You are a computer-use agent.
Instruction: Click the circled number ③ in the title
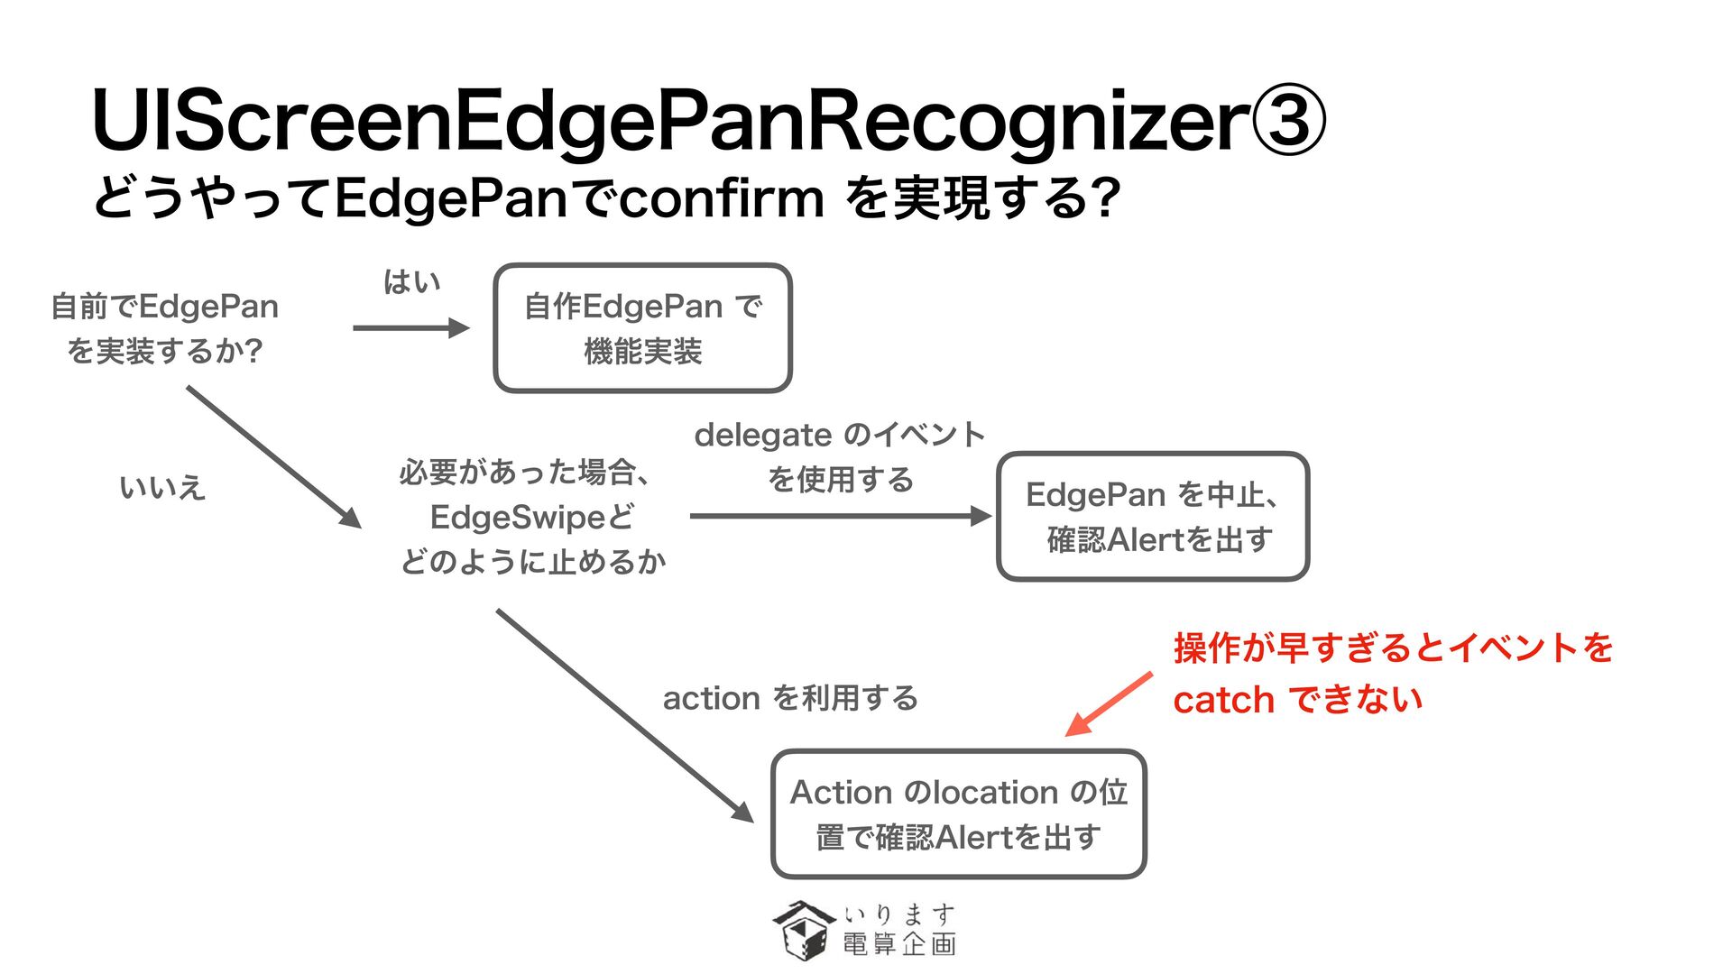pos(1287,121)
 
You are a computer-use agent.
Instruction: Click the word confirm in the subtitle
pos(721,198)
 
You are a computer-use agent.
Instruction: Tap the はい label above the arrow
pos(411,282)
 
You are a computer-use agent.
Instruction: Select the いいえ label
pos(162,488)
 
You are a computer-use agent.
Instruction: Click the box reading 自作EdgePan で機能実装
pos(642,328)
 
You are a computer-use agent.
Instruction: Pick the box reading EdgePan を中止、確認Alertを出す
pos(1153,517)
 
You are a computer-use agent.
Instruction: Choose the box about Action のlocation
pos(959,814)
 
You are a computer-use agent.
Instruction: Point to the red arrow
pos(1109,704)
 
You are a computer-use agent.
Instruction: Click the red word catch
pos(1223,700)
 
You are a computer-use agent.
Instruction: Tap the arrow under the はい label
pos(411,328)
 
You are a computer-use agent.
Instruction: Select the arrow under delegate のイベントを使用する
pos(840,516)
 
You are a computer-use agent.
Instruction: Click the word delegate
pos(762,436)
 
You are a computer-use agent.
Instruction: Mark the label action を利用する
pos(790,698)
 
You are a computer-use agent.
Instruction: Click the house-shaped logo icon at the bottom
pos(802,930)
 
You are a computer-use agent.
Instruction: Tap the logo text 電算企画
pos(899,944)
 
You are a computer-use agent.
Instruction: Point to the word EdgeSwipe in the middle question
pos(518,518)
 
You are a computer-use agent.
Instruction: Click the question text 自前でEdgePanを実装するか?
pos(164,328)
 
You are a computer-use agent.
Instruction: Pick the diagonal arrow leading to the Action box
pos(625,716)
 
